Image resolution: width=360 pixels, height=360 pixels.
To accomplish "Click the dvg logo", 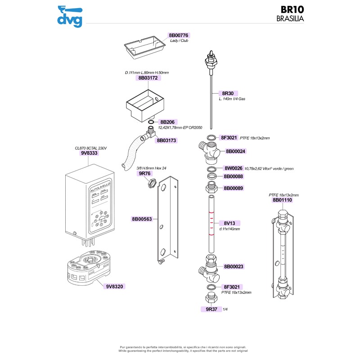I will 69,16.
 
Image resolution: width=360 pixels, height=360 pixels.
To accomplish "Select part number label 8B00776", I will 179,35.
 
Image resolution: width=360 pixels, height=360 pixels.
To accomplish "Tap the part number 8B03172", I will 149,78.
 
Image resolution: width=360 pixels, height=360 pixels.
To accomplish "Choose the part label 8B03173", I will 166,140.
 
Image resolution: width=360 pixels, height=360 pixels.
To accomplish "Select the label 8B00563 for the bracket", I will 142,219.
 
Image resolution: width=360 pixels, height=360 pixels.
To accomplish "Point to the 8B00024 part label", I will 235,151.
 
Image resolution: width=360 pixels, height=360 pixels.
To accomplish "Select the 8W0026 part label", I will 233,168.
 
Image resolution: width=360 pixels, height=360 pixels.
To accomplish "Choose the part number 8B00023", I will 234,266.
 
